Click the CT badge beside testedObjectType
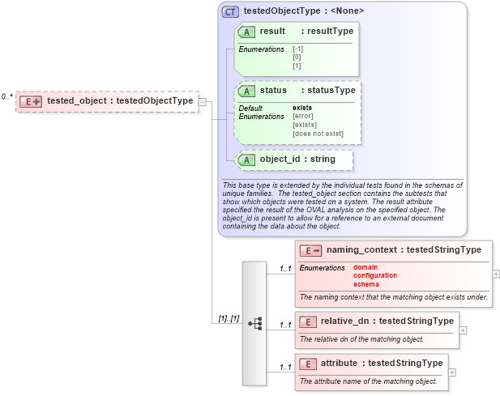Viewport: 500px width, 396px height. [x=230, y=11]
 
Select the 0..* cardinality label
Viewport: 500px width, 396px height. [x=6, y=96]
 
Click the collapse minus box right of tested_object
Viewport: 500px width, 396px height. [x=202, y=101]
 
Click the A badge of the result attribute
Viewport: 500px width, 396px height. [x=246, y=32]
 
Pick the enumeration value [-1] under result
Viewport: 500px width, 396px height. [x=298, y=49]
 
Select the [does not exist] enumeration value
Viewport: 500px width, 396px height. [x=318, y=134]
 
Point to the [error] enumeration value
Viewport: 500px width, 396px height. [x=302, y=116]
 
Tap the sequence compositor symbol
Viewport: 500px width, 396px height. [x=254, y=322]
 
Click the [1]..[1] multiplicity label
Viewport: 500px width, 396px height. [x=229, y=317]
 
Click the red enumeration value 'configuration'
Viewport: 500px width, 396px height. [x=374, y=275]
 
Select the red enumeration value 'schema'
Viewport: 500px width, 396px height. [x=365, y=284]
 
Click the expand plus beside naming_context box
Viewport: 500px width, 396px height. [x=496, y=274]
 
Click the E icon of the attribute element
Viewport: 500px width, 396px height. [x=307, y=364]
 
